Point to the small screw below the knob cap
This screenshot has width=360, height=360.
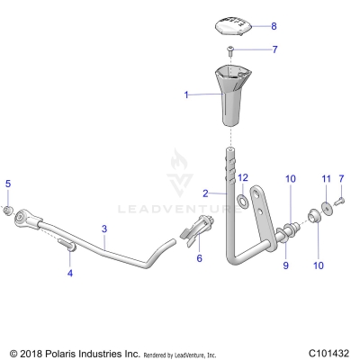232,50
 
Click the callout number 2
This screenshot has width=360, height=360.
205,193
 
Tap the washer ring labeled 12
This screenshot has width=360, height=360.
243,197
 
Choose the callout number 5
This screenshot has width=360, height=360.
8,184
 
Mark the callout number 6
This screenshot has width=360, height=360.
199,257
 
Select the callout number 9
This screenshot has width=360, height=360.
286,265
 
